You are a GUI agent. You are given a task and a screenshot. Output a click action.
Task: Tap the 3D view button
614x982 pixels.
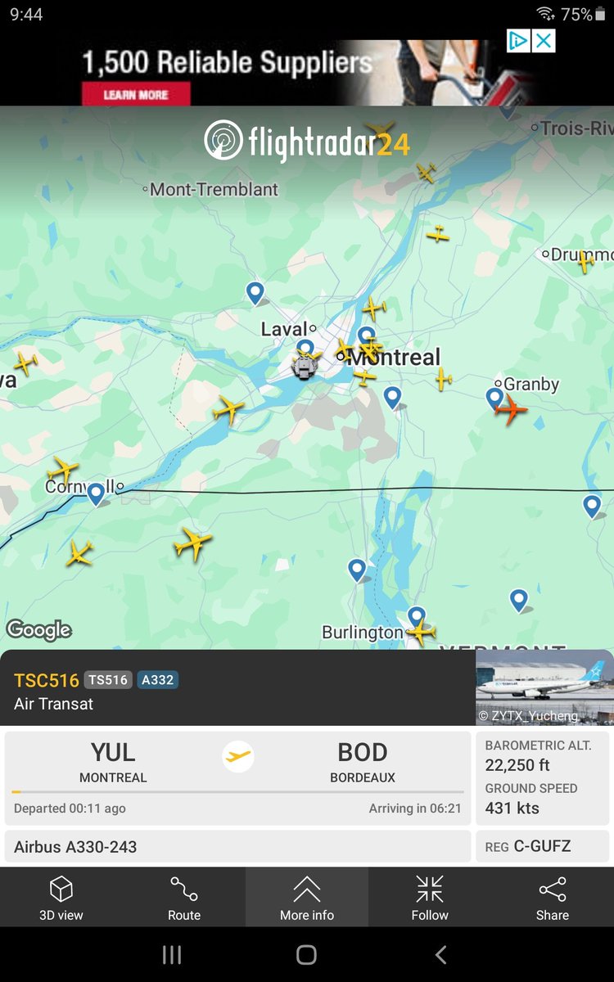[x=61, y=898]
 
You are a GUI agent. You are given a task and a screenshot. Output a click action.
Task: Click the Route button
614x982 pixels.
[x=184, y=898]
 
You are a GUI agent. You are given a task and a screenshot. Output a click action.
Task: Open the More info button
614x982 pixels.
[x=307, y=898]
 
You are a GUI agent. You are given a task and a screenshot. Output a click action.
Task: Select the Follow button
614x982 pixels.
[x=430, y=898]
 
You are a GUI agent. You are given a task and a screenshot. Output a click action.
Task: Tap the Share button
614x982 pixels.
[x=553, y=898]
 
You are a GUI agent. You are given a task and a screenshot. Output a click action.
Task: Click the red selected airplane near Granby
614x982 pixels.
[x=512, y=409]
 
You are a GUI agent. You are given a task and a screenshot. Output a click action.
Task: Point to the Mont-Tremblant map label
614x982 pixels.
[x=214, y=190]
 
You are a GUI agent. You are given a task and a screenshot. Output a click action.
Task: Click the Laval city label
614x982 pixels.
[x=284, y=330]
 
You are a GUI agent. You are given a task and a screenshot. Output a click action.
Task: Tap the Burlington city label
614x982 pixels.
[x=362, y=633]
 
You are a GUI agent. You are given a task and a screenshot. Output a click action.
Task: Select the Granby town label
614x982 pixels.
[x=530, y=384]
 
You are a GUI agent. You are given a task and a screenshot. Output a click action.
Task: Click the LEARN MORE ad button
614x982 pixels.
[x=136, y=95]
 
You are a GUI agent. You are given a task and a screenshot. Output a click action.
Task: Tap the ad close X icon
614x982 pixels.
[x=544, y=41]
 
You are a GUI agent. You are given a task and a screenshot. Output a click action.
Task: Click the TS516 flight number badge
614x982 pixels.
[x=108, y=680]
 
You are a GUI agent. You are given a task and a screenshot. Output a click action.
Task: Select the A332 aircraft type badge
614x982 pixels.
[x=157, y=680]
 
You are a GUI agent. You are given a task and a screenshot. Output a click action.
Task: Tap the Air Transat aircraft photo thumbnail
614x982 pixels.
[x=544, y=687]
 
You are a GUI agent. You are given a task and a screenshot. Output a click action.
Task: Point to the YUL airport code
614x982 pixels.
[x=113, y=753]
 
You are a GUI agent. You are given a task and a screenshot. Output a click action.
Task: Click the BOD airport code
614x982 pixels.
[x=363, y=753]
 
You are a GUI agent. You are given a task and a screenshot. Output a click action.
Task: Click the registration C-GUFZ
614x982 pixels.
[x=542, y=847]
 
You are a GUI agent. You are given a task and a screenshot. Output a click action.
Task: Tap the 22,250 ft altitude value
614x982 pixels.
[x=517, y=766]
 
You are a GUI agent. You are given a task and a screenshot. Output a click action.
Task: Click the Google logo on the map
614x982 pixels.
[x=38, y=630]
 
